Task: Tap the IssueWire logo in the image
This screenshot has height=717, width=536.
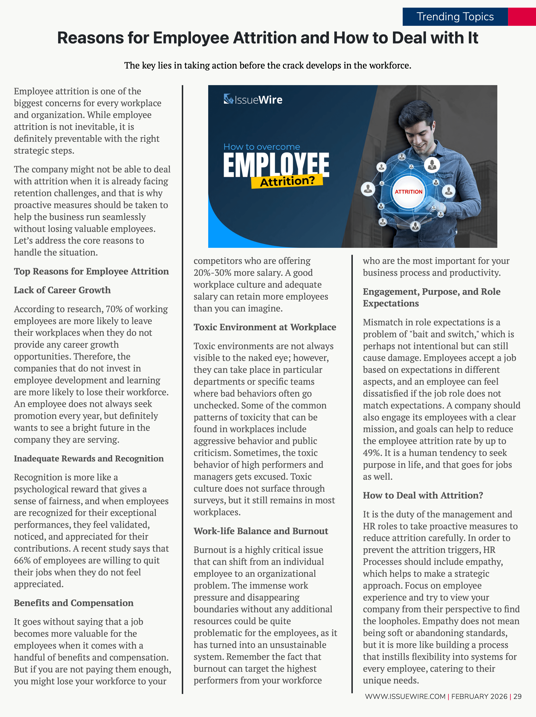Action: coord(253,100)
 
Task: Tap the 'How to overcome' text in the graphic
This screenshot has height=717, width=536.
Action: coord(261,147)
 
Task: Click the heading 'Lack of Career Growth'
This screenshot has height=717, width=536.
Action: coord(62,290)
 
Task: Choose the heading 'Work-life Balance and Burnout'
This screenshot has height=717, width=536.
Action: coord(261,531)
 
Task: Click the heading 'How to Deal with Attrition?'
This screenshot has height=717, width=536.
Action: coord(423,495)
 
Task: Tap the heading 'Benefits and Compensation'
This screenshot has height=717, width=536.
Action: coord(74,603)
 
